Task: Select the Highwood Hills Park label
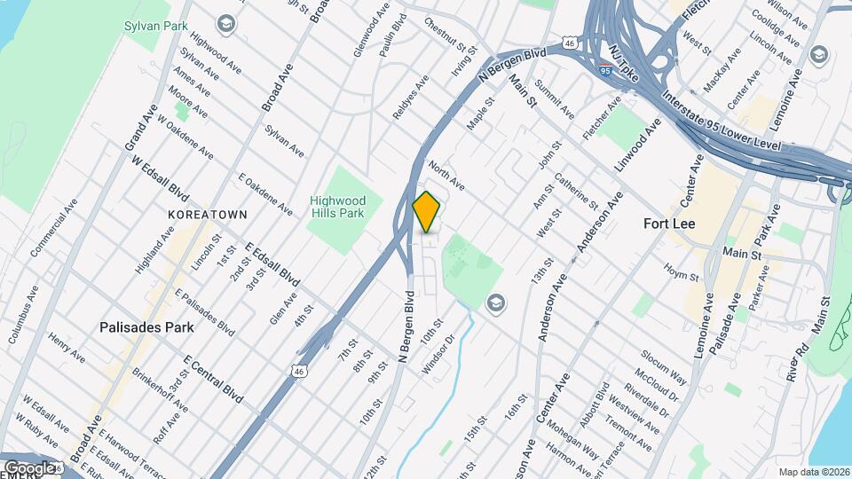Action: tap(337, 207)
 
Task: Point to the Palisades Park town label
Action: tap(146, 326)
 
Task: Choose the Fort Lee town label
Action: tap(674, 224)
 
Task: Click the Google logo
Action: tap(29, 467)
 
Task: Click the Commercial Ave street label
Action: tap(52, 234)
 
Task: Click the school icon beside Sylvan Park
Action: tap(227, 22)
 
